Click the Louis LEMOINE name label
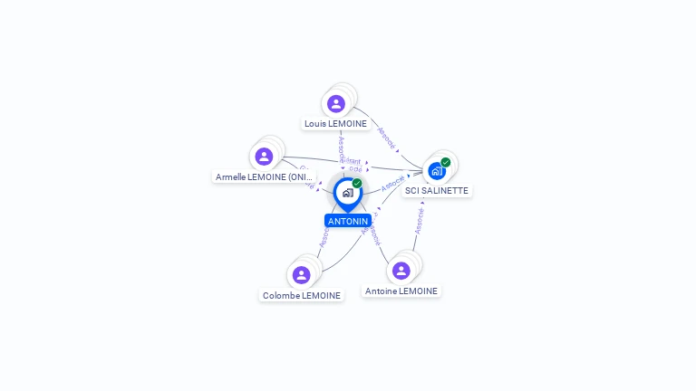pyautogui.click(x=335, y=123)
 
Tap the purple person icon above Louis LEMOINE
pyautogui.click(x=336, y=103)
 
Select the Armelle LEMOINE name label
pyautogui.click(x=264, y=176)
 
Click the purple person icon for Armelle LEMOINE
pyautogui.click(x=264, y=157)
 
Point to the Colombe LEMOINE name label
pyautogui.click(x=302, y=295)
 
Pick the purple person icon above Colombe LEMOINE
pyautogui.click(x=302, y=274)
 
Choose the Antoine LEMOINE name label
pyautogui.click(x=401, y=291)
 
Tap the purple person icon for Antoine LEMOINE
pyautogui.click(x=401, y=271)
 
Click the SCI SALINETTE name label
pyautogui.click(x=437, y=190)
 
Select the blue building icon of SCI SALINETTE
pyautogui.click(x=436, y=171)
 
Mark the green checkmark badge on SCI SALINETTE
pyautogui.click(x=446, y=162)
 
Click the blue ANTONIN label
pyautogui.click(x=348, y=221)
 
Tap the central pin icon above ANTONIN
pyautogui.click(x=347, y=193)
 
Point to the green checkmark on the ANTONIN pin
pyautogui.click(x=357, y=183)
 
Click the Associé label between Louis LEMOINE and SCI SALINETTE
pyautogui.click(x=386, y=136)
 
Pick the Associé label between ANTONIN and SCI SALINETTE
pyautogui.click(x=393, y=183)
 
